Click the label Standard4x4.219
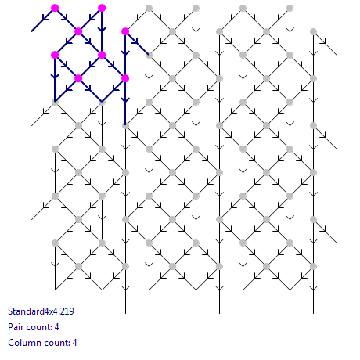point(41,311)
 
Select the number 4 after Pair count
point(56,327)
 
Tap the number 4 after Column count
point(74,343)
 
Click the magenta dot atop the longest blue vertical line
point(125,31)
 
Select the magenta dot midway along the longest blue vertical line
point(125,78)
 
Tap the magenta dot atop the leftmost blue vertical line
point(55,55)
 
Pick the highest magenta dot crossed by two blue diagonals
point(78,31)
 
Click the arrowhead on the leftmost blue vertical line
point(55,76)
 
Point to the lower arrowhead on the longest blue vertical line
point(125,99)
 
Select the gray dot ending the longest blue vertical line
point(125,125)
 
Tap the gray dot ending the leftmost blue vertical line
point(55,102)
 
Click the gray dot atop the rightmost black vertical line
point(313,31)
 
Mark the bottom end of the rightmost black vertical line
point(313,313)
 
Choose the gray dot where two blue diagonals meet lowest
point(102,102)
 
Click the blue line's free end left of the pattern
point(31,31)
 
